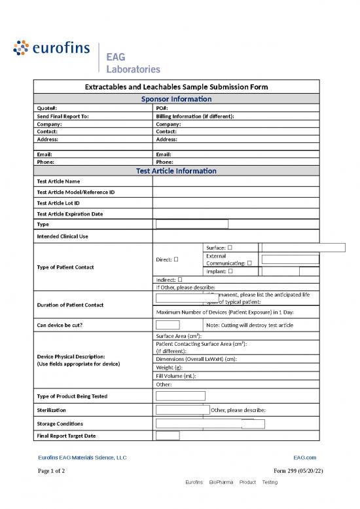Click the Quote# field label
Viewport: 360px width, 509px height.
(47, 108)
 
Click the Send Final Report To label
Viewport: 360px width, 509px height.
(63, 116)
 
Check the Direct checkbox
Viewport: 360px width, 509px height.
(177, 260)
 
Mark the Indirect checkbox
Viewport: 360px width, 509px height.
(180, 280)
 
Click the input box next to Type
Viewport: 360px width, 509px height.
(192, 224)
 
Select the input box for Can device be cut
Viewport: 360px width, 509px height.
(168, 326)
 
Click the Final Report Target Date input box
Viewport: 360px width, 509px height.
(168, 436)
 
